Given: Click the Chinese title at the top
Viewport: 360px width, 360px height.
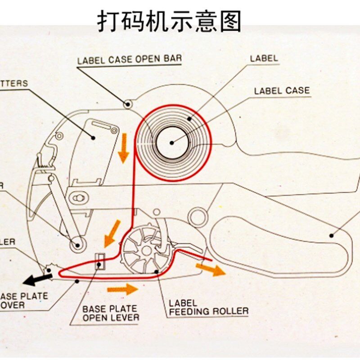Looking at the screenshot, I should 170,21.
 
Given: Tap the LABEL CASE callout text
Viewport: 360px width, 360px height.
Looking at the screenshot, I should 282,90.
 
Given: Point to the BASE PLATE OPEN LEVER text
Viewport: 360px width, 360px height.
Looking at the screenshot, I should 111,313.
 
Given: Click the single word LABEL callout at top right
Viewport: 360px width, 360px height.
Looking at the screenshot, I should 264,58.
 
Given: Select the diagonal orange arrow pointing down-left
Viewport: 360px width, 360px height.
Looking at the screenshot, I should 112,233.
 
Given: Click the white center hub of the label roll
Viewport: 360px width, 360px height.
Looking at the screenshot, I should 171,143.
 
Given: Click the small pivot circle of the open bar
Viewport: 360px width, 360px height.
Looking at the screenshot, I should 128,104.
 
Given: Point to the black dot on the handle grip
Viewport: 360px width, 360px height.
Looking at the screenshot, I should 331,235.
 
